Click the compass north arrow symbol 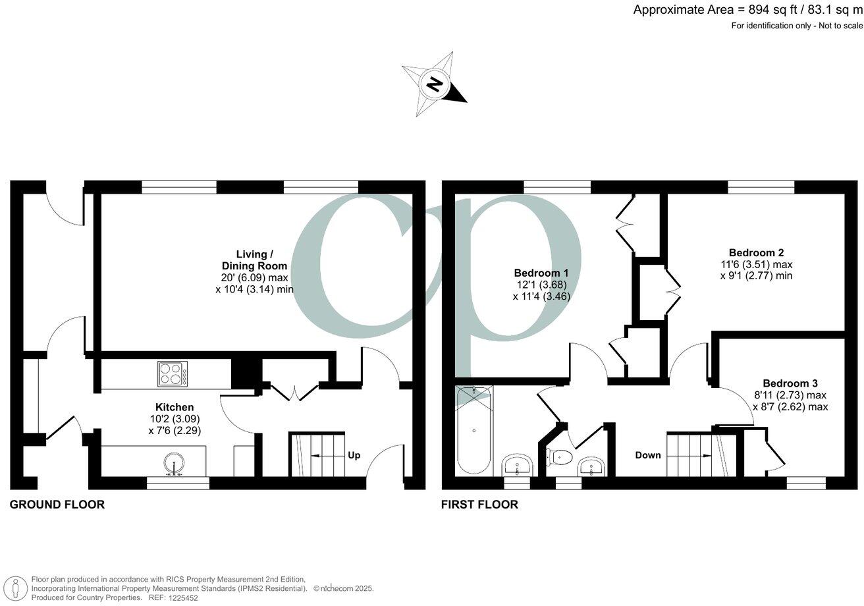point(434,85)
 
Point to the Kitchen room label point(175,407)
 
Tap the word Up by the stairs point(354,455)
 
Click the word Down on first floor point(648,455)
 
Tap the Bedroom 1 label point(541,273)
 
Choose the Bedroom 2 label point(756,252)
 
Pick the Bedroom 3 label point(790,383)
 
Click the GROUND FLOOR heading point(57,505)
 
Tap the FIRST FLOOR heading point(479,505)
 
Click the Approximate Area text point(747,9)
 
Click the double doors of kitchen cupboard point(294,391)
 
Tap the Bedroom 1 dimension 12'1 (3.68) point(541,285)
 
